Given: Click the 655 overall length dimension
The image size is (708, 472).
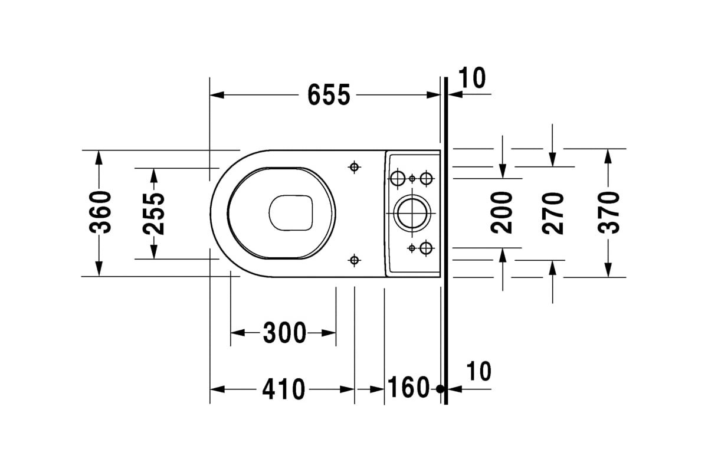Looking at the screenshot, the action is pos(329,95).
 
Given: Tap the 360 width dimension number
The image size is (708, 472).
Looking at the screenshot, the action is pos(100,212).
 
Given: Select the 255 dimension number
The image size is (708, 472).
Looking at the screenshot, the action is pos(154,214).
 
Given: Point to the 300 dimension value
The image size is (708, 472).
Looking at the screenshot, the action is pos(284,333).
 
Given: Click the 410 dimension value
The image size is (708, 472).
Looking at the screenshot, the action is pos(284,389).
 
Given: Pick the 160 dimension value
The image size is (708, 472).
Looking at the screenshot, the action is pos(408,387).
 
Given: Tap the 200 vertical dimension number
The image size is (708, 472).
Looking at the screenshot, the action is pos(501,213).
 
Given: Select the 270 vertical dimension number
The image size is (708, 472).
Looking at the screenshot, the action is pos(553,214).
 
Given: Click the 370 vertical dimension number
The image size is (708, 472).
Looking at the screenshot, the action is pos(609,213).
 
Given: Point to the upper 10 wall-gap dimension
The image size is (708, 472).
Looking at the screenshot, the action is pos(471,78).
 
